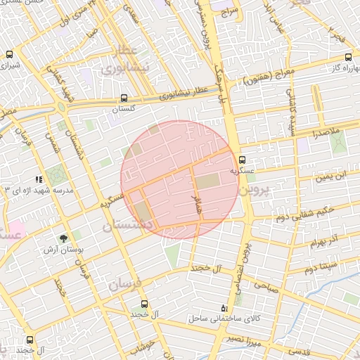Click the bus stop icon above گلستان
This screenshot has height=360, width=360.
pyautogui.click(x=124, y=98)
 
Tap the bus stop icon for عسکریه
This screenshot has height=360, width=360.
pyautogui.click(x=242, y=160)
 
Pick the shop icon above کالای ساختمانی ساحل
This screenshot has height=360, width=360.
pyautogui.click(x=224, y=307)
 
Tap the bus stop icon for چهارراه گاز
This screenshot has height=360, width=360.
pyautogui.click(x=349, y=58)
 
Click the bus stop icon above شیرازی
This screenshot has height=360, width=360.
pyautogui.click(x=10, y=54)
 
